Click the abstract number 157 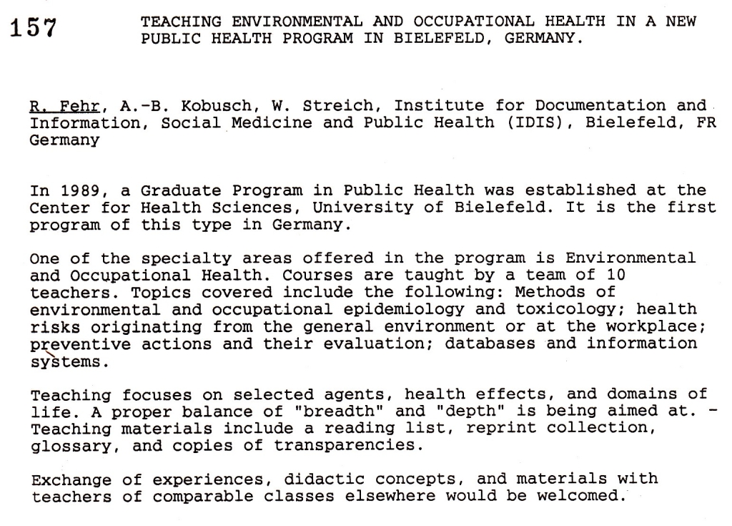[x=34, y=27]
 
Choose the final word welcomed [x=579, y=496]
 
